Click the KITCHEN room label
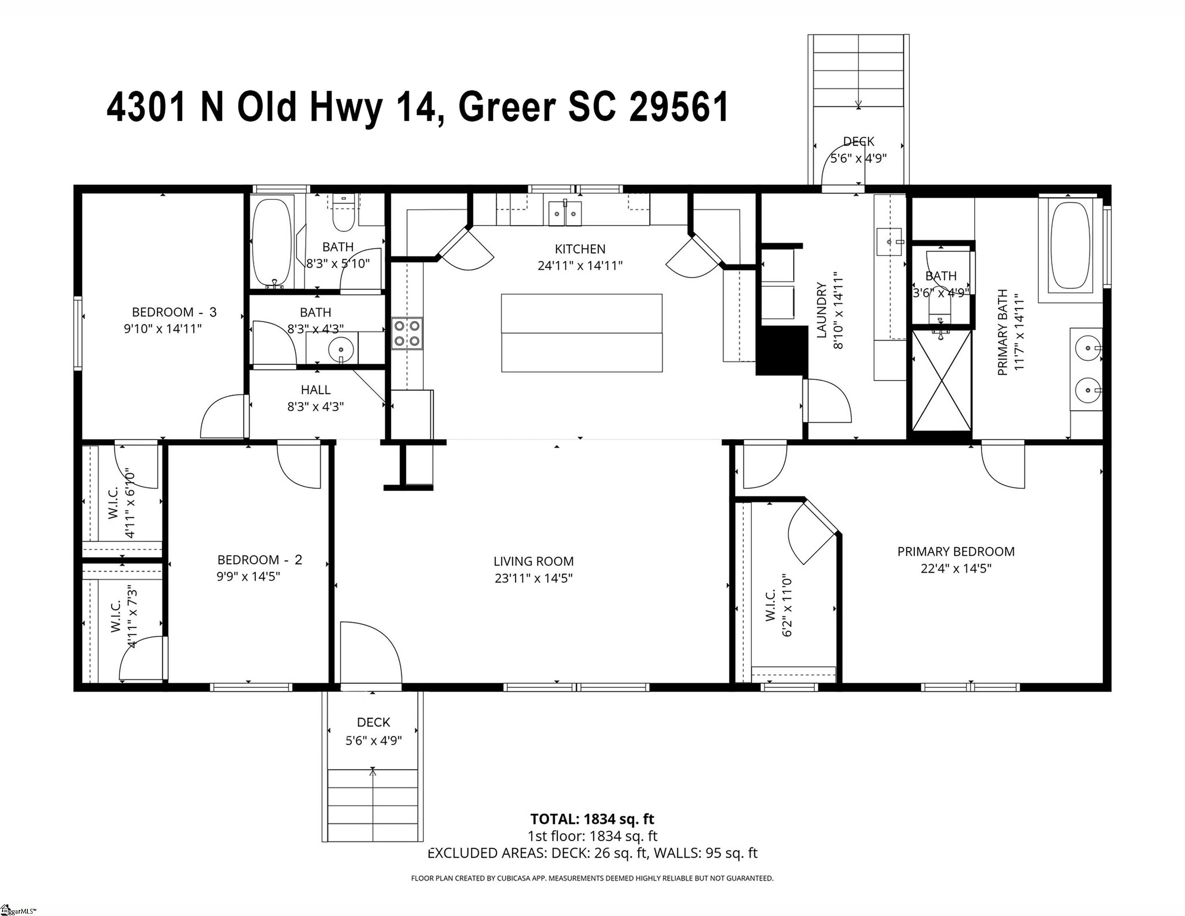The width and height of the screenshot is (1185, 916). point(580,249)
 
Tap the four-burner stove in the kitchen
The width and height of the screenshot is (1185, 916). point(407,334)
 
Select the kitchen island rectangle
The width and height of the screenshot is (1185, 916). point(582,333)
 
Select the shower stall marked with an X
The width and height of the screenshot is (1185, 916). point(941,380)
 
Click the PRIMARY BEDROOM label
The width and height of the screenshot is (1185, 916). point(956,552)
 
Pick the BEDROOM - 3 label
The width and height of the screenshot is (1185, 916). point(174,312)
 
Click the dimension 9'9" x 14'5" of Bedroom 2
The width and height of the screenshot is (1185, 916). point(248,576)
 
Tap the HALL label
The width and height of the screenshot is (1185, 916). point(316,390)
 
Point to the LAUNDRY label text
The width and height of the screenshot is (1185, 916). point(821,311)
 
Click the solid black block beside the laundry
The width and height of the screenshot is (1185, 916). point(782,350)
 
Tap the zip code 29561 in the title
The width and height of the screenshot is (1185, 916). point(679,107)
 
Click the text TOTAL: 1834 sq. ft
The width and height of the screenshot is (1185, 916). point(592,819)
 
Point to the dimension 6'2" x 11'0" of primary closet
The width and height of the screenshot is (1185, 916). point(788,605)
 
